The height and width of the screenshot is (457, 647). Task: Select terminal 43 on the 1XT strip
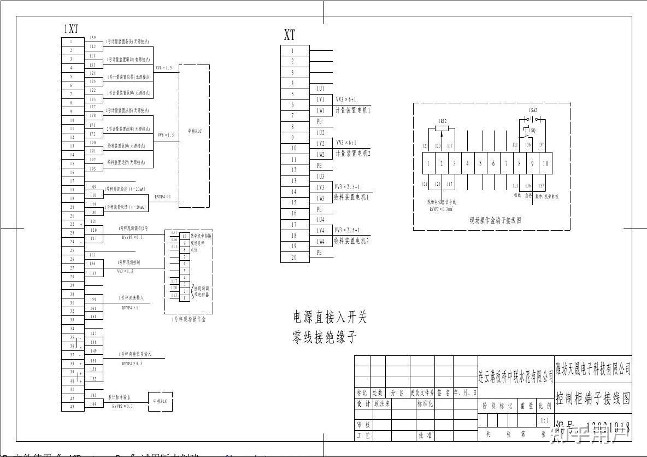tap(72, 407)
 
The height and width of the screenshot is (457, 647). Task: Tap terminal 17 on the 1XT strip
tap(72, 181)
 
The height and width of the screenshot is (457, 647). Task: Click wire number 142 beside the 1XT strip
tap(93, 46)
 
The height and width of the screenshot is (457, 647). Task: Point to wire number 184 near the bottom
tap(93, 404)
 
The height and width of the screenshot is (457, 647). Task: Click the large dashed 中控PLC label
tap(195, 131)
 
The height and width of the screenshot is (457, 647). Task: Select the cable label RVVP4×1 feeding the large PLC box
tap(163, 196)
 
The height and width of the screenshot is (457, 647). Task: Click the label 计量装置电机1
tap(352, 110)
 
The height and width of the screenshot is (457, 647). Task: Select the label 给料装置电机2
tap(351, 241)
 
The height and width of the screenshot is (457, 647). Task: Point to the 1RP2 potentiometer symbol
tap(442, 128)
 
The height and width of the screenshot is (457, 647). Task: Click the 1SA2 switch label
tap(533, 110)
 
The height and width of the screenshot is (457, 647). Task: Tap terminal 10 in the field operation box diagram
tap(545, 163)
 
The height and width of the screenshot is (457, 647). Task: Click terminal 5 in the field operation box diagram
tap(480, 163)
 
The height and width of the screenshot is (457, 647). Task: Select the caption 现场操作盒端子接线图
tap(496, 220)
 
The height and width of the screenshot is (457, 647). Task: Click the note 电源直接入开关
tap(330, 317)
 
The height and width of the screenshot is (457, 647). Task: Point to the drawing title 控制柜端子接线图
tap(592, 397)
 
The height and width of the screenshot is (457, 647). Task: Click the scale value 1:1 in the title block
tap(545, 420)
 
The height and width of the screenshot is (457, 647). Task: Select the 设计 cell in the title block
tap(363, 404)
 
